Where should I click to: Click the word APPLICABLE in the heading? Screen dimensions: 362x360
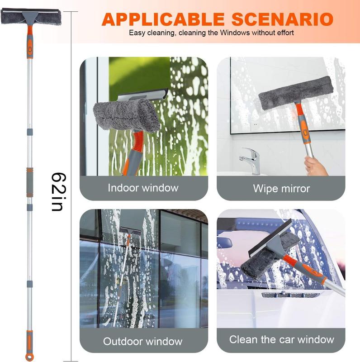tap(163, 19)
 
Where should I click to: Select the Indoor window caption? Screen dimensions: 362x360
tap(143, 188)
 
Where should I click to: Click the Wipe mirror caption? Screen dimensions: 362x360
tap(281, 188)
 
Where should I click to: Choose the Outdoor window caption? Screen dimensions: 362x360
tap(143, 341)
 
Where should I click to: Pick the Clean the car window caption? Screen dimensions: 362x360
tap(281, 339)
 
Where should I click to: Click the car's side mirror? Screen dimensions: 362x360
tap(224, 242)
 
